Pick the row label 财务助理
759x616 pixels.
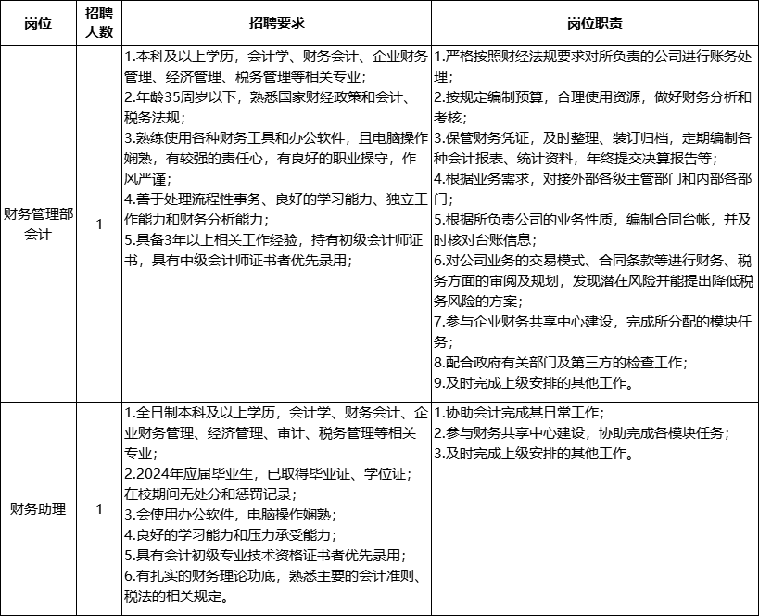coord(38,508)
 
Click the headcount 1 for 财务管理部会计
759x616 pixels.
coord(99,224)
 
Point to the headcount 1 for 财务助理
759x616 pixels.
coord(99,508)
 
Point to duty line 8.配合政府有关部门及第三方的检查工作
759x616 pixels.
coord(561,362)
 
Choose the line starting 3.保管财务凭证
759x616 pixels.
coord(593,136)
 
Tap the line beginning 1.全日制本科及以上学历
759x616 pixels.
coord(275,411)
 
